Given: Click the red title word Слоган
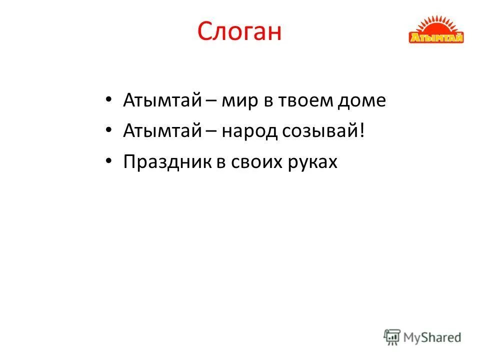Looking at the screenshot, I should point(239,31).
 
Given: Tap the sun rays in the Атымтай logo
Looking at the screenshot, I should point(436,25).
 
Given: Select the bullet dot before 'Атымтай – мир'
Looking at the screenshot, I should point(109,100).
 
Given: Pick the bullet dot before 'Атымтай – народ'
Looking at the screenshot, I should point(109,131).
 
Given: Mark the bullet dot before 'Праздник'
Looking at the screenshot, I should point(109,162).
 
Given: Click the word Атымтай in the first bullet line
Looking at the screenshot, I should point(162,100).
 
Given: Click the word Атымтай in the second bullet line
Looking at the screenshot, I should point(162,131).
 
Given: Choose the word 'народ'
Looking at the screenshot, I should point(248,131).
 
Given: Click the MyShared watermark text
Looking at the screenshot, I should point(433,337).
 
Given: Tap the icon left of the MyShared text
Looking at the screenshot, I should point(392,337).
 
